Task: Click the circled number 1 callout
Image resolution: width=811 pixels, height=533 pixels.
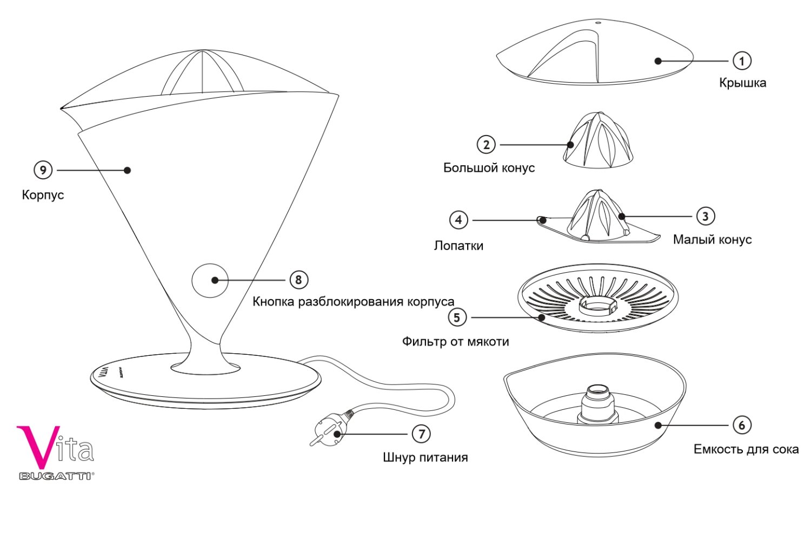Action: click(742, 61)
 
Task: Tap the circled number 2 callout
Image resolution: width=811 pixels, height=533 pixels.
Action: click(486, 145)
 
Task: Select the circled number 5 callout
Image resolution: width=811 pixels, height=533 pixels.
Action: click(457, 318)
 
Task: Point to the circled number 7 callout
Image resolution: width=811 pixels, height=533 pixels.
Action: click(421, 434)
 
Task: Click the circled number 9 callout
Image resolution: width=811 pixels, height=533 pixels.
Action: click(43, 170)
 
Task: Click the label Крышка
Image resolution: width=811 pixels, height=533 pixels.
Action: click(742, 83)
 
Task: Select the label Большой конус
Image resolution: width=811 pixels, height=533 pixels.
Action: click(489, 168)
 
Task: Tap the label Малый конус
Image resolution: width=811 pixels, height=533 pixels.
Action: click(712, 240)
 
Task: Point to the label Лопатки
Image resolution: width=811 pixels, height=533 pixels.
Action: click(458, 246)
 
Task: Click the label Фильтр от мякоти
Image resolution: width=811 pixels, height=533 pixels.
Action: click(455, 341)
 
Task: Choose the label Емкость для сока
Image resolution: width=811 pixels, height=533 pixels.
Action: click(746, 449)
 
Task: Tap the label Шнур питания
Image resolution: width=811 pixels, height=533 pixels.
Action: click(425, 457)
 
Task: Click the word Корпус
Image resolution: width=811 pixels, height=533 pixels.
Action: click(43, 195)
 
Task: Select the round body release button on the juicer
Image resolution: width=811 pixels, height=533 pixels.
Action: click(210, 280)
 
